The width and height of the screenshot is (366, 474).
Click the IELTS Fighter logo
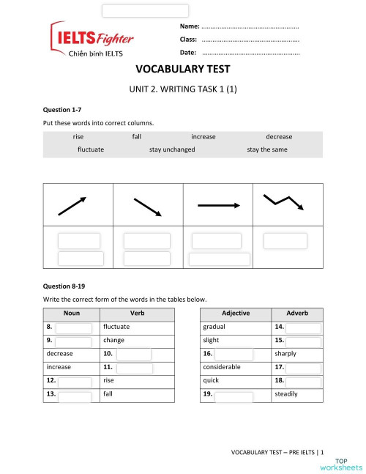(x=91, y=40)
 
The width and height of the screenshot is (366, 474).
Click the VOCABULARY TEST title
(x=183, y=70)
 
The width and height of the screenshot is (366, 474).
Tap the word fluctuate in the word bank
(x=91, y=149)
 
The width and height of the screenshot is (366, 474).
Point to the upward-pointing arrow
(x=72, y=206)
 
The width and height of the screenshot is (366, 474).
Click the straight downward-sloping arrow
(x=146, y=207)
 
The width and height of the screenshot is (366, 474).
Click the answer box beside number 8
(x=73, y=327)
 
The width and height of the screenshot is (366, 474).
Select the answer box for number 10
(x=133, y=354)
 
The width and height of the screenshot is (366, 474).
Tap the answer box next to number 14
(x=302, y=327)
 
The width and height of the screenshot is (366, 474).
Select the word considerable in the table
(x=222, y=366)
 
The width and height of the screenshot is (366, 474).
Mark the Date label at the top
(x=187, y=53)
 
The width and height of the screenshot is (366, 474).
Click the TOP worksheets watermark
(x=341, y=463)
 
